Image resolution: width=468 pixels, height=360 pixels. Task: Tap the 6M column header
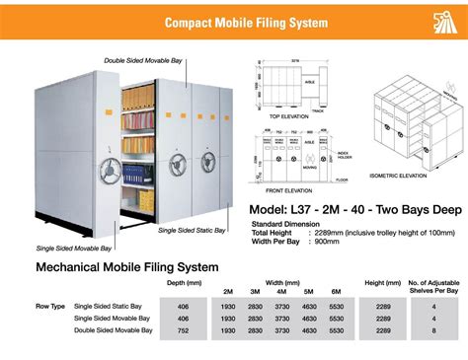335,292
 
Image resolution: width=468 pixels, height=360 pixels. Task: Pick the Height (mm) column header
381,284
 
